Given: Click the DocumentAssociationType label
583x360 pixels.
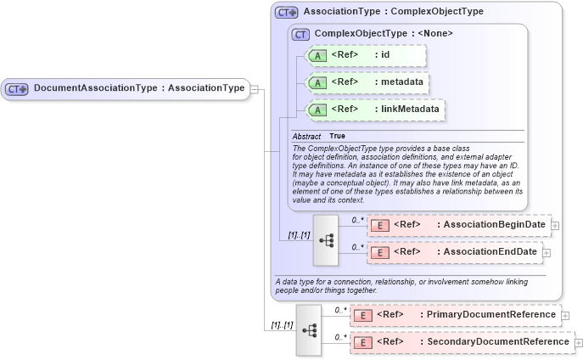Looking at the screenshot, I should click(139, 88).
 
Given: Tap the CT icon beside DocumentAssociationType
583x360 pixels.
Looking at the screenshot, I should click(17, 89).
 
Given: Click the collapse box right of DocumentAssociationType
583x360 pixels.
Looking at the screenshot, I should click(255, 88).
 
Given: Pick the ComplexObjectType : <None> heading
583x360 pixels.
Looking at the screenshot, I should click(383, 34).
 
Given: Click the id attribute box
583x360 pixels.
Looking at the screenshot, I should click(366, 56).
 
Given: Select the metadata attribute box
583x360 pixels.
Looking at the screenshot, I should click(366, 83).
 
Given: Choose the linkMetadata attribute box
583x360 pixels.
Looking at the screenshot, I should click(374, 110).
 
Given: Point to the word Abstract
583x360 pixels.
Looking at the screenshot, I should click(306, 136).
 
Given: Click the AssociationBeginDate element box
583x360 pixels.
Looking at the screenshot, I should click(458, 225).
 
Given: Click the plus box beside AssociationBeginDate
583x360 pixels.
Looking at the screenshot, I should click(555, 226).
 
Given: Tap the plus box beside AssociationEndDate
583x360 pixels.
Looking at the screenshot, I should click(547, 253).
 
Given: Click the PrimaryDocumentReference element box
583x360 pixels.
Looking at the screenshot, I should click(456, 315).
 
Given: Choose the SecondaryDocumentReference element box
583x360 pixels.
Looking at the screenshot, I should click(462, 342).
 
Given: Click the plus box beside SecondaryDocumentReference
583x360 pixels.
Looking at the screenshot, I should click(579, 343).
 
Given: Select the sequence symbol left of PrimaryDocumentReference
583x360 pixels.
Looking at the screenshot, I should click(309, 329).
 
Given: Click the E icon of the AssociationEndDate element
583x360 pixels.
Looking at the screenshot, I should click(382, 253).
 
